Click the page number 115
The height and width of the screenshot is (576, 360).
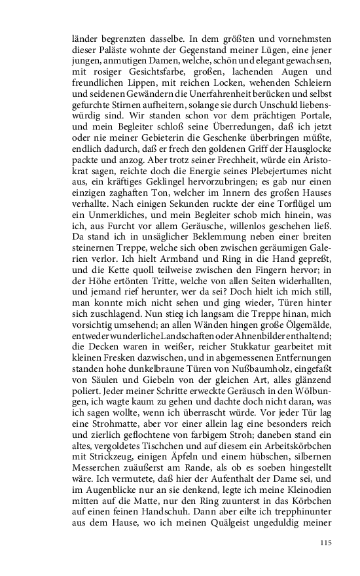326,543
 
